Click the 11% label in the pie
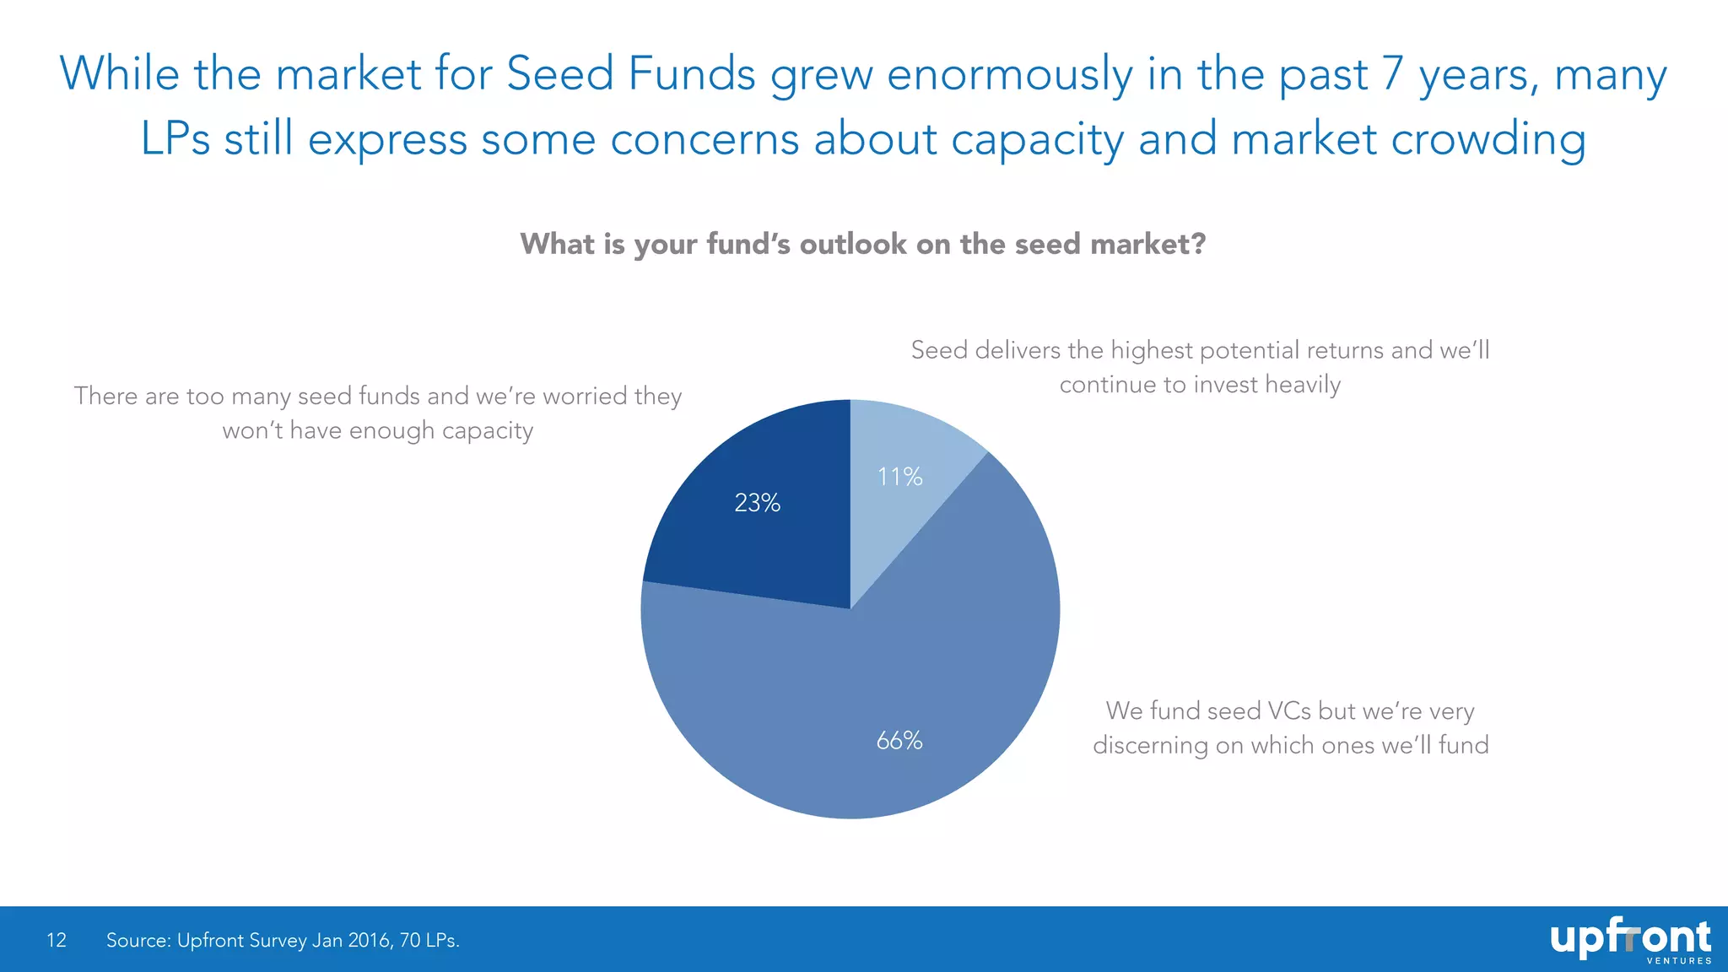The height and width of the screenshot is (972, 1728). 899,477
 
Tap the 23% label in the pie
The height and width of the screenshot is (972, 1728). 757,503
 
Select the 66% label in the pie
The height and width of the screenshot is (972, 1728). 899,741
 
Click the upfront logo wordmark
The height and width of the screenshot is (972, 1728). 1630,937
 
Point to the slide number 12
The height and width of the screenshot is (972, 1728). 57,940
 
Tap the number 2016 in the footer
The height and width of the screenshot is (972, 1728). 369,940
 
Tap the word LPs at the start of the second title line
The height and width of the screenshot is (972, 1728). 175,139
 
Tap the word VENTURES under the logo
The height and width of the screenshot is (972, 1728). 1679,961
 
